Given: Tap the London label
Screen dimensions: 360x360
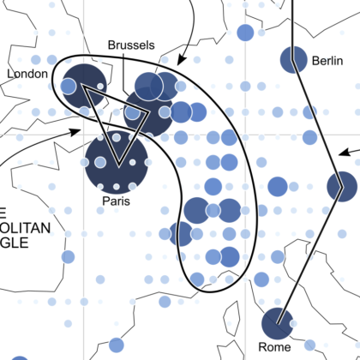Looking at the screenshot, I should click(27, 75).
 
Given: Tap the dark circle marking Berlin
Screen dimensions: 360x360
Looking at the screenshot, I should click(294, 59).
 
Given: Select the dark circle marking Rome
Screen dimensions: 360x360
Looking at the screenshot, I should click(277, 323).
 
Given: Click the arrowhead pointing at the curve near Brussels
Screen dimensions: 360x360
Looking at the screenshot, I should click(179, 61).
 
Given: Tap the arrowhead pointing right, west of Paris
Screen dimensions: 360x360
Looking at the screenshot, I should click(77, 131).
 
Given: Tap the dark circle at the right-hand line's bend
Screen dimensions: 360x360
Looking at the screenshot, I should click(341, 184).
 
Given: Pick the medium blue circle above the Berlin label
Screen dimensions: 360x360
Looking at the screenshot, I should click(245, 33).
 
